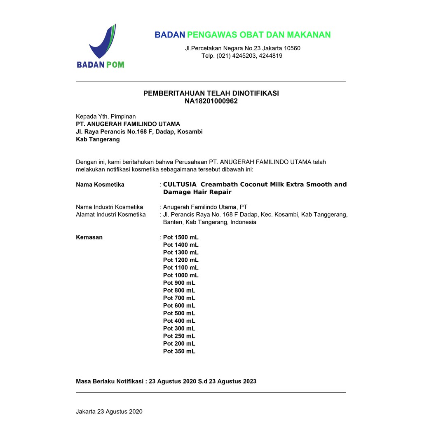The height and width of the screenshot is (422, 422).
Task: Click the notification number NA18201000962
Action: tap(211, 101)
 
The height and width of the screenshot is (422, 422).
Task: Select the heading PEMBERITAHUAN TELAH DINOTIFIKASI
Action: tap(211, 93)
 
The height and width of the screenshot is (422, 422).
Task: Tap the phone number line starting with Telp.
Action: tap(242, 56)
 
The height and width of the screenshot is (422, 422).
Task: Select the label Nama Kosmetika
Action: tap(100, 185)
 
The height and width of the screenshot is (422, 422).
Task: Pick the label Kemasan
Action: tap(89, 237)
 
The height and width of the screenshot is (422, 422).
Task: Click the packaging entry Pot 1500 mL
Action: tap(181, 237)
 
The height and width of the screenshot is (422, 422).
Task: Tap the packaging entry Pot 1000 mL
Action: tap(181, 275)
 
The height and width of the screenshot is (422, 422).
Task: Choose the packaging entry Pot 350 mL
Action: tap(179, 352)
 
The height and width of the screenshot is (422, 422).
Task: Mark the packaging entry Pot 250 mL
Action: tap(179, 336)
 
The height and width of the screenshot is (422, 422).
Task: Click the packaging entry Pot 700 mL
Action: tap(179, 298)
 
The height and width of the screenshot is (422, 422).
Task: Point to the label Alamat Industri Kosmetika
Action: tap(111, 215)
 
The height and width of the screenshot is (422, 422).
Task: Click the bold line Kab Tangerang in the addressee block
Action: tap(98, 139)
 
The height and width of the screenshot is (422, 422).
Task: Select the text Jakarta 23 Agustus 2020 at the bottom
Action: tap(109, 411)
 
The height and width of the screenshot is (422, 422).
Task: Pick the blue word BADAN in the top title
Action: tap(169, 35)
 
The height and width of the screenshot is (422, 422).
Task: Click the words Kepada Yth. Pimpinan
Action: tap(105, 117)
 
